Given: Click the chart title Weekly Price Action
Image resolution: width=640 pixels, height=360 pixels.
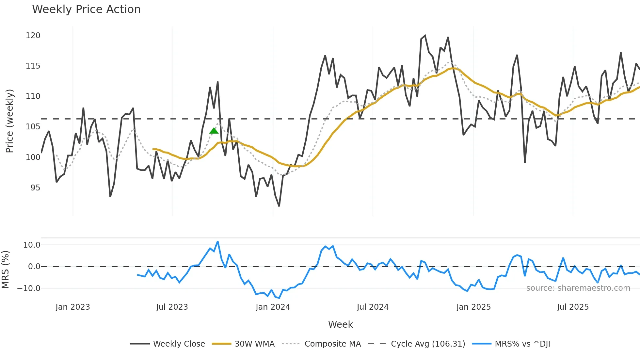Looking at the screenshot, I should (86, 9).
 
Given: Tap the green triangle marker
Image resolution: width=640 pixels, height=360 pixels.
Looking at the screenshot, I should (214, 131).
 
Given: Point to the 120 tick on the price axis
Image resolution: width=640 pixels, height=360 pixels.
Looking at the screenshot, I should (33, 36).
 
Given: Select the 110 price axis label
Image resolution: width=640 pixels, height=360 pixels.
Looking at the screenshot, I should (33, 96).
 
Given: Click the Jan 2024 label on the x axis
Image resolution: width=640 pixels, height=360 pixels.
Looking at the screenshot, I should (273, 307).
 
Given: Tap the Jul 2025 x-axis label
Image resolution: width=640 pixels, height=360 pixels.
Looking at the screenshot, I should (573, 307).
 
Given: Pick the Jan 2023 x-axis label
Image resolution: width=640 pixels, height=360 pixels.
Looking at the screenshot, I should (72, 307).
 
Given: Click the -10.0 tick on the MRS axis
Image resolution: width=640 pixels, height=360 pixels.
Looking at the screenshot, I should (29, 288).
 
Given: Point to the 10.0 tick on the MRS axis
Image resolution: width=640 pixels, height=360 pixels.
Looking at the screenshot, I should (32, 245).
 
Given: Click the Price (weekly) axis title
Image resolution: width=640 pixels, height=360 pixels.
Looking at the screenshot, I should (9, 121).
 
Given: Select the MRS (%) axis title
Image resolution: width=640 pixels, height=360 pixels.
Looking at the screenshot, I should (5, 270).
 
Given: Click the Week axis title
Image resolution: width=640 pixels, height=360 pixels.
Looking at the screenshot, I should (340, 324).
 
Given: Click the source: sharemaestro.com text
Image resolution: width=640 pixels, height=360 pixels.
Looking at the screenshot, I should (578, 288).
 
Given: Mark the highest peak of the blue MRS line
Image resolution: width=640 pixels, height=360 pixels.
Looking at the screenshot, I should (218, 242).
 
